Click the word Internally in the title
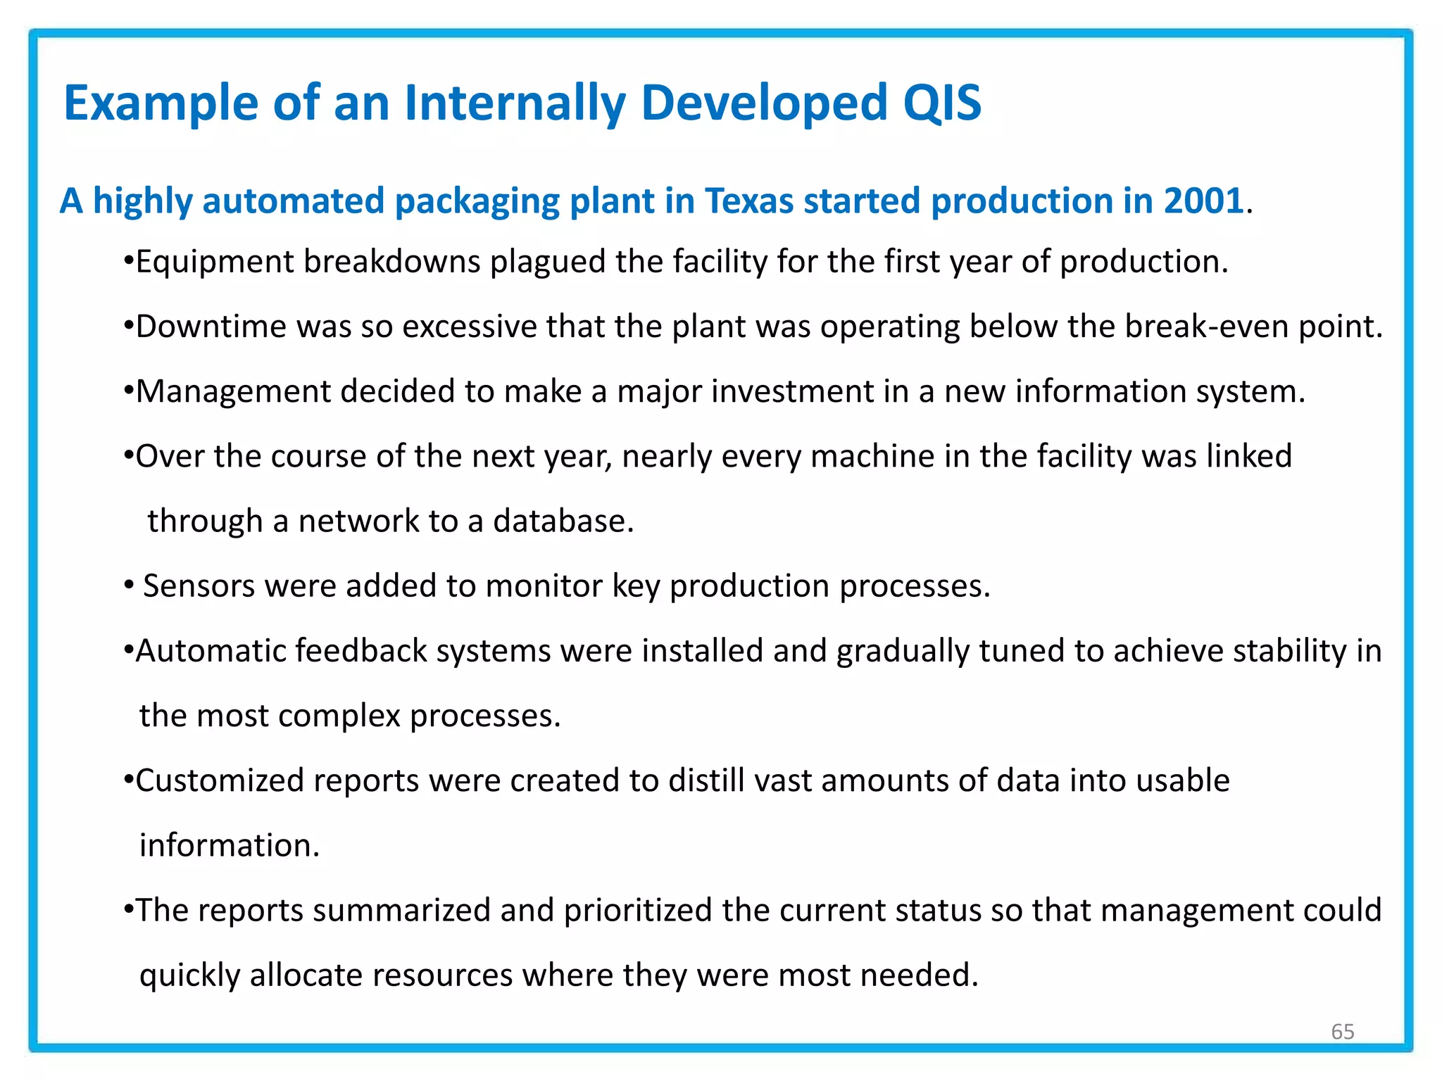(x=515, y=103)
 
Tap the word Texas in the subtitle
(x=749, y=201)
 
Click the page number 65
(x=1342, y=1032)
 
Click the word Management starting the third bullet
(x=233, y=391)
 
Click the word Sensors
(x=199, y=586)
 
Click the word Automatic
(x=211, y=651)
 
